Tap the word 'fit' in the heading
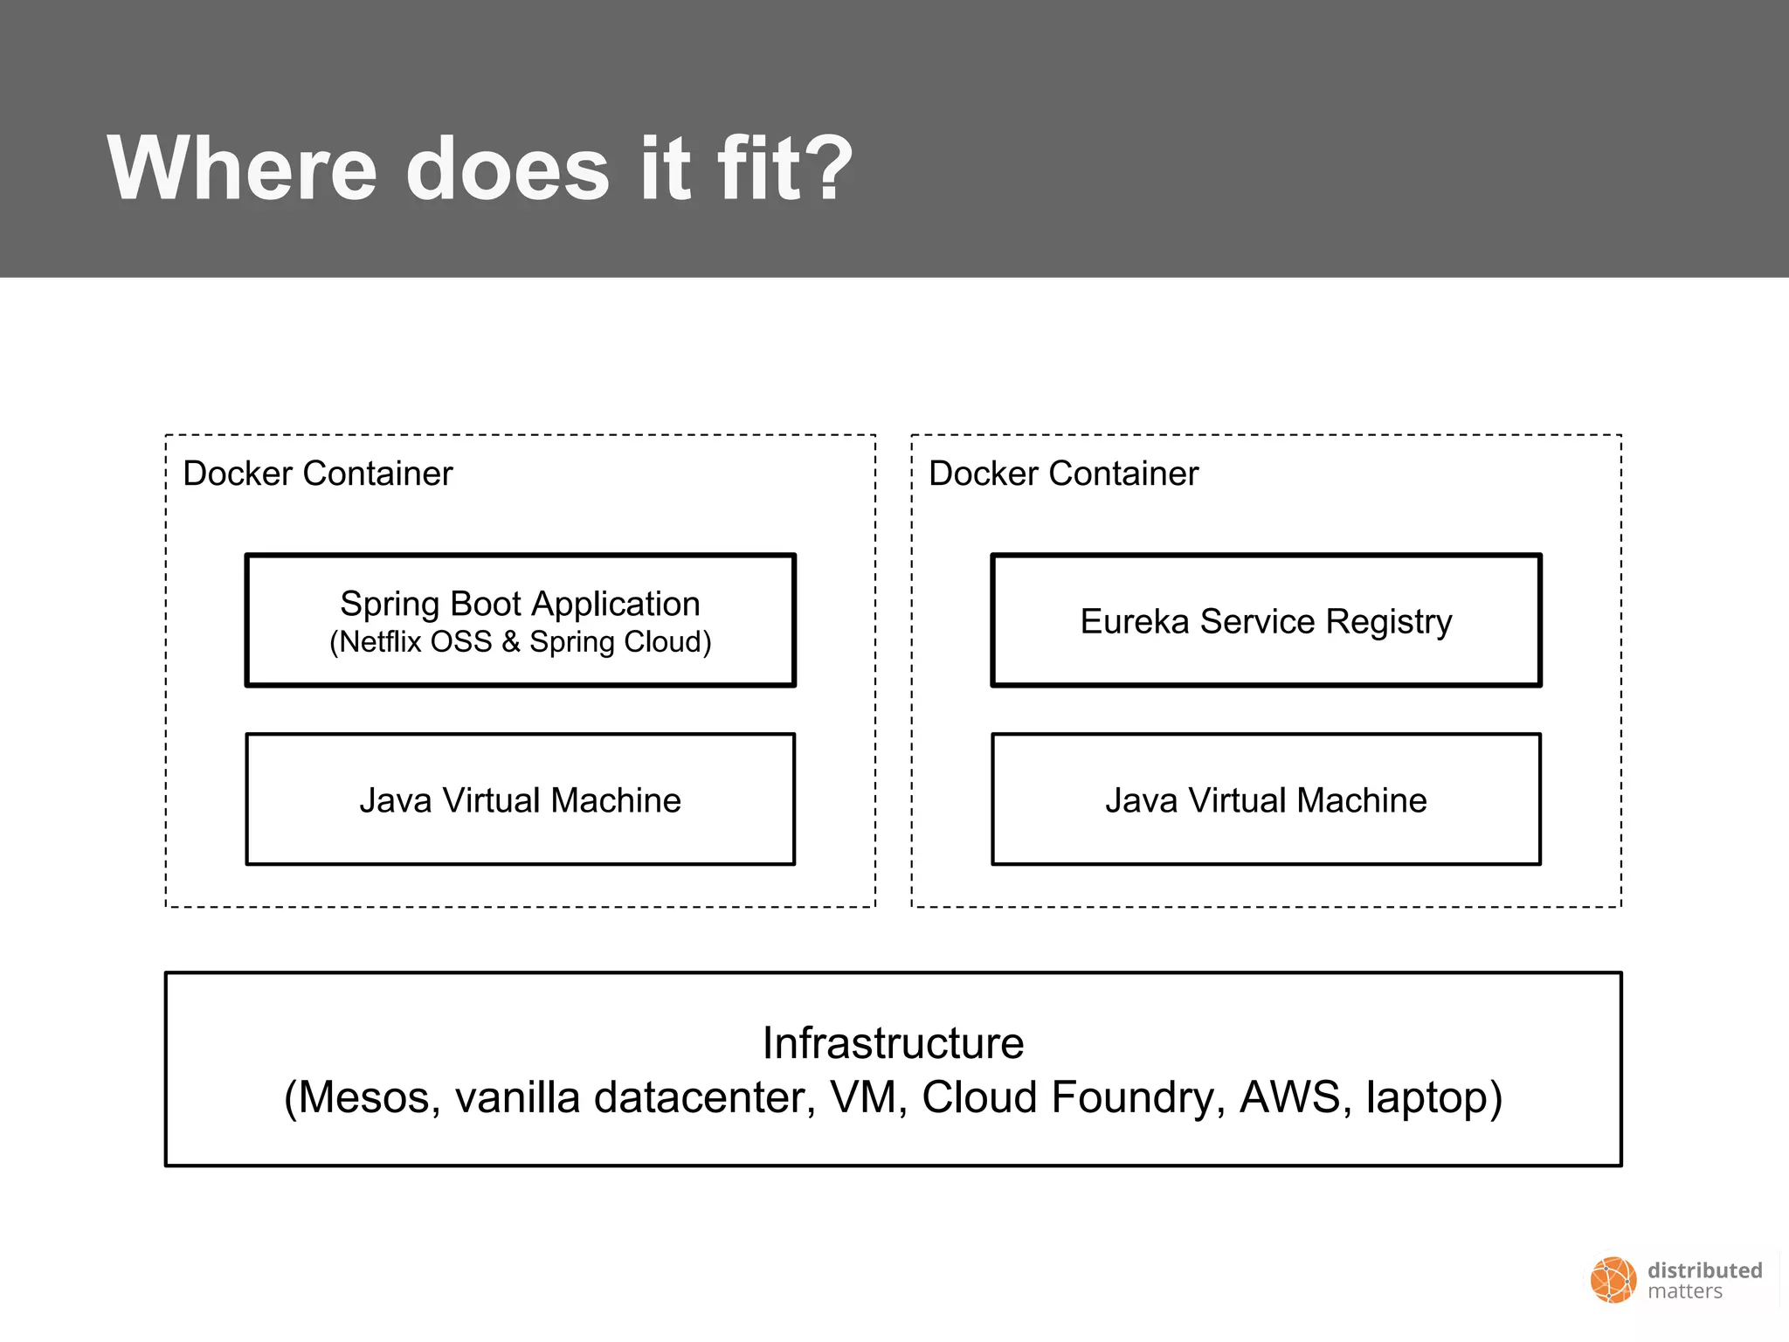coord(757,168)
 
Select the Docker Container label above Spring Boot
coord(317,474)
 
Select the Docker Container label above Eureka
coord(1063,474)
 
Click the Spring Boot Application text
coord(520,604)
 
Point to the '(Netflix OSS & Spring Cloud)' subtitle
coord(520,642)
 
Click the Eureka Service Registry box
coord(1266,621)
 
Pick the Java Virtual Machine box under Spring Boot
coord(520,800)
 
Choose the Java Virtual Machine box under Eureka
coord(1266,800)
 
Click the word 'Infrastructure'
coord(893,1043)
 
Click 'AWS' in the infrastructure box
coord(1289,1097)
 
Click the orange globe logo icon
coord(1613,1281)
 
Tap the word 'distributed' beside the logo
coord(1704,1270)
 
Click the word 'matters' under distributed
coord(1684,1292)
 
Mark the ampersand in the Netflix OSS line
coord(511,642)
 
